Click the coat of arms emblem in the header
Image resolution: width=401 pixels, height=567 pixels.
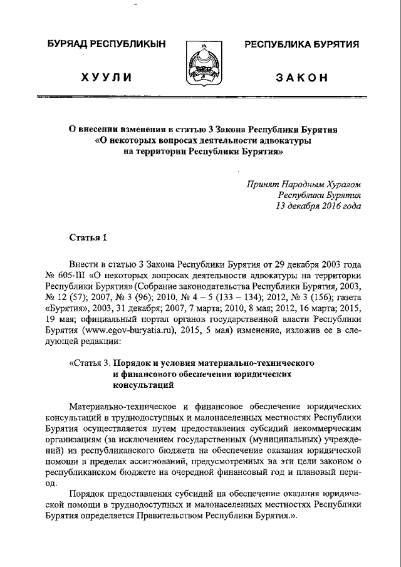(201, 65)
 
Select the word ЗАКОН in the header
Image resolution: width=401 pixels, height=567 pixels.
(301, 77)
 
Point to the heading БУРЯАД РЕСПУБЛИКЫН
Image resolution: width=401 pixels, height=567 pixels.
(107, 44)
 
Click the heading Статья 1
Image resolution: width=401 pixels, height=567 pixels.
(88, 237)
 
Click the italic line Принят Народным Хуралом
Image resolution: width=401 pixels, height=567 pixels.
(304, 184)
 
